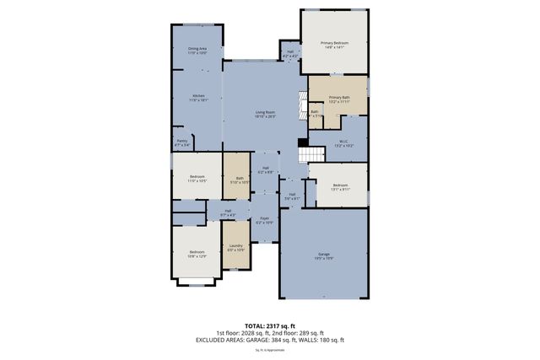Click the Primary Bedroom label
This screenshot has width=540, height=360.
[335, 45]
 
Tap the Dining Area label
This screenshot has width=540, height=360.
[197, 51]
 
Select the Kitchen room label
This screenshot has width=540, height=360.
[198, 97]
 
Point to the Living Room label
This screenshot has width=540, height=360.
[266, 114]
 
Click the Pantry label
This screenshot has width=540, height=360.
[181, 142]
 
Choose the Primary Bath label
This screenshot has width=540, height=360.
[339, 99]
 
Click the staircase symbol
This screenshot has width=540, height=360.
[314, 154]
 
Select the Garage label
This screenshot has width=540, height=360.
[324, 255]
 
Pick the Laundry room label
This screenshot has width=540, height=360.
[236, 248]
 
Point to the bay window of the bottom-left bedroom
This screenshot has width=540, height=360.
[197, 284]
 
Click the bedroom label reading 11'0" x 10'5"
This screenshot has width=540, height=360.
[197, 178]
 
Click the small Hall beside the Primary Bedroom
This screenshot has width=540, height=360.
[290, 54]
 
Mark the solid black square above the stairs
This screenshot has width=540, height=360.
[302, 142]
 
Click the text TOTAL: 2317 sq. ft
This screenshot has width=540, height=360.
[270, 325]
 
